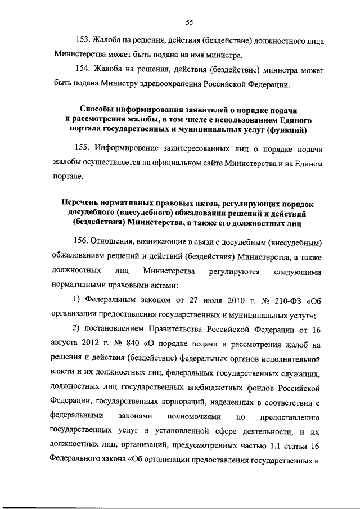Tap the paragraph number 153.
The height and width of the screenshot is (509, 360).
(x=82, y=42)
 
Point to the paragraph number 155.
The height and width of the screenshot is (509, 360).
(x=82, y=148)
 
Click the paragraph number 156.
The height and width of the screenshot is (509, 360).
(x=82, y=241)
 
